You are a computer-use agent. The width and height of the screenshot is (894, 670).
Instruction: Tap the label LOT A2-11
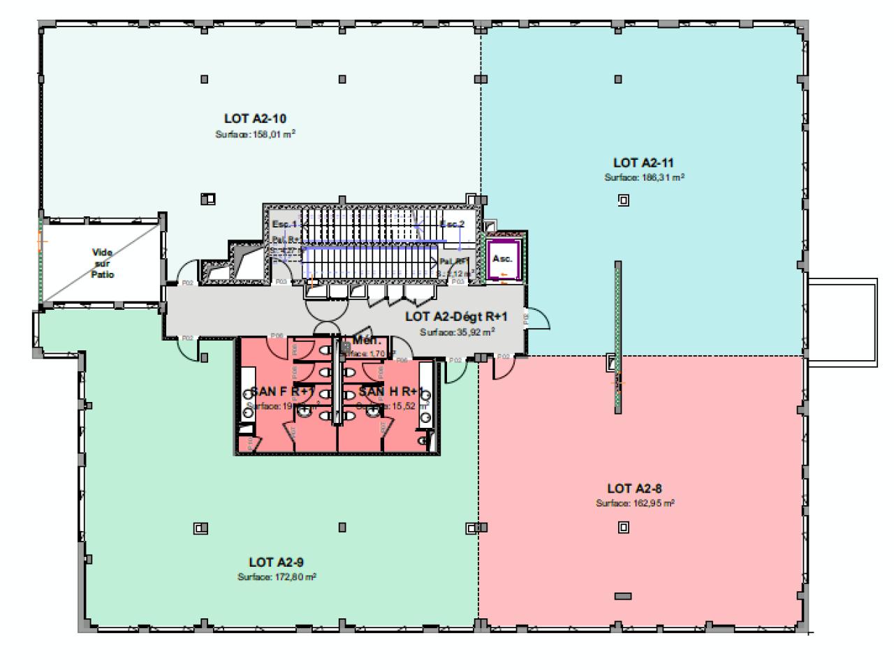tap(643, 163)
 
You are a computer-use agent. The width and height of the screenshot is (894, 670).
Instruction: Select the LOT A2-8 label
tap(634, 488)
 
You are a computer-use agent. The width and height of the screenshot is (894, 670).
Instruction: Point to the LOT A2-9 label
tap(276, 562)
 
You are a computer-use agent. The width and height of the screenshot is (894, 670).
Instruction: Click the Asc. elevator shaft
tap(502, 259)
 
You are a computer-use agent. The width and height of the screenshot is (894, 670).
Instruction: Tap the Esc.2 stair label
tap(452, 224)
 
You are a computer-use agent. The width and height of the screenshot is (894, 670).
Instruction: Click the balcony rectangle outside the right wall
tap(842, 321)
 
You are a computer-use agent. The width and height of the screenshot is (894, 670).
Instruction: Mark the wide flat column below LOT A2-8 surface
tap(623, 596)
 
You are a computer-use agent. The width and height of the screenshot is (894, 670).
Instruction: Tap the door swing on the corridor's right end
tap(539, 322)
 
